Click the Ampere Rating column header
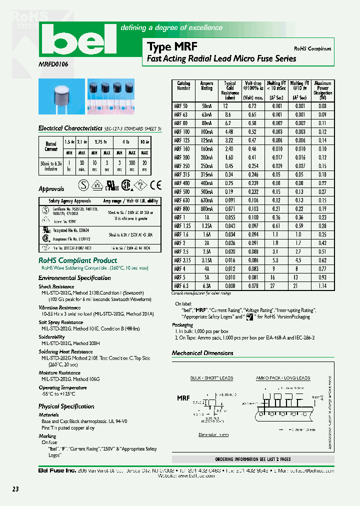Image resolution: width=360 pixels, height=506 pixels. point(206,86)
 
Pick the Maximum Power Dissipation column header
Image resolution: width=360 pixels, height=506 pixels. point(322,90)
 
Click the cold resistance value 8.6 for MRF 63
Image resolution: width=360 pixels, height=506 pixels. point(228,114)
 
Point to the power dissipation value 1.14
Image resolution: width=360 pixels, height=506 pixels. point(322,286)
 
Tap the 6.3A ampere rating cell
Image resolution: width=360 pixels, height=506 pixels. point(206,286)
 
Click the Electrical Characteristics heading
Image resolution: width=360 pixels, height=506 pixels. point(70,128)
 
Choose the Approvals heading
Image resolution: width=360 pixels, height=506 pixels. point(51,189)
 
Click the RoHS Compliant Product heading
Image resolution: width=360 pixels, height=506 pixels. point(78,260)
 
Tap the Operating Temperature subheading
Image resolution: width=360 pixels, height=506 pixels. point(63,387)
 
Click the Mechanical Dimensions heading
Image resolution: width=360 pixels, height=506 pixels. point(202,353)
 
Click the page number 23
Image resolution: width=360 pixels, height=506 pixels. point(15,489)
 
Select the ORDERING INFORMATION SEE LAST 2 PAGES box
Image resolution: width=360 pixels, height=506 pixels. point(252,459)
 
